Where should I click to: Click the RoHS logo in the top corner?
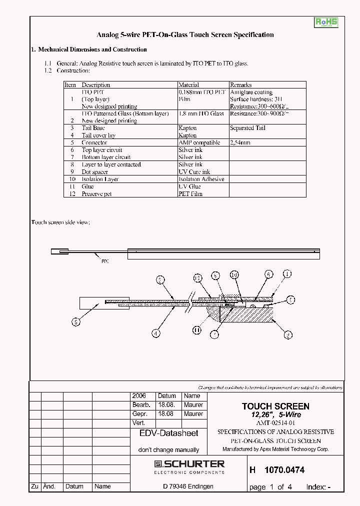click(326, 22)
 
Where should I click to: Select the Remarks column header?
click(240, 85)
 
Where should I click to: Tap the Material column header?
click(188, 85)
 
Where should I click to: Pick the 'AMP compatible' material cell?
click(199, 142)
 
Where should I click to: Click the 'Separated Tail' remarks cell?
click(248, 128)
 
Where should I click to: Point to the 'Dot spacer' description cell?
click(94, 171)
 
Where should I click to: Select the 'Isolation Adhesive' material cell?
click(201, 179)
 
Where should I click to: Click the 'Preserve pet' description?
click(96, 193)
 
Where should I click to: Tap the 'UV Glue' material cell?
click(189, 186)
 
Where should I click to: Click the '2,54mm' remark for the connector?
click(240, 142)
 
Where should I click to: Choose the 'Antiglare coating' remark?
click(251, 92)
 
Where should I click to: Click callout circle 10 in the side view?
click(234, 274)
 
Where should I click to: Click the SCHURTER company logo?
click(189, 466)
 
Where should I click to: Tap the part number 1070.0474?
click(284, 470)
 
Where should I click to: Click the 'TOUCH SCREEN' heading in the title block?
click(275, 406)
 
